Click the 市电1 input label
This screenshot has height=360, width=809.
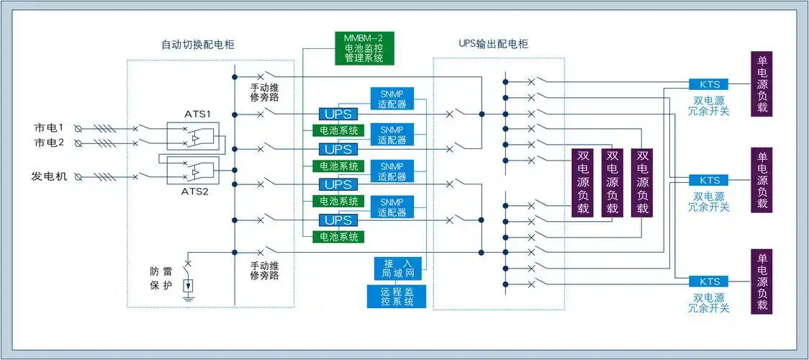pos(49,128)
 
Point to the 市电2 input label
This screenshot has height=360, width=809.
pos(49,143)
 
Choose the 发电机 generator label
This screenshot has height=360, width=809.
pos(49,176)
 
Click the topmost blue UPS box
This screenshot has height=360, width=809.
pos(337,114)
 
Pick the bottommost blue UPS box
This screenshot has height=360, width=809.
pos(337,220)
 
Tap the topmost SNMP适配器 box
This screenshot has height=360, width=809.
pos(392,99)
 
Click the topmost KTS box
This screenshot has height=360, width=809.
pos(709,84)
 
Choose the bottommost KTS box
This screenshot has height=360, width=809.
pos(709,282)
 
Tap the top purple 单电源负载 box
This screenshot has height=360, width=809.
pos(761,84)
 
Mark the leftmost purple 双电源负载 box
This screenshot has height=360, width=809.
pos(583,182)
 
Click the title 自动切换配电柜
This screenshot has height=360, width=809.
pos(197,45)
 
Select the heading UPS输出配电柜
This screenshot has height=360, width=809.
pos(493,45)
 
